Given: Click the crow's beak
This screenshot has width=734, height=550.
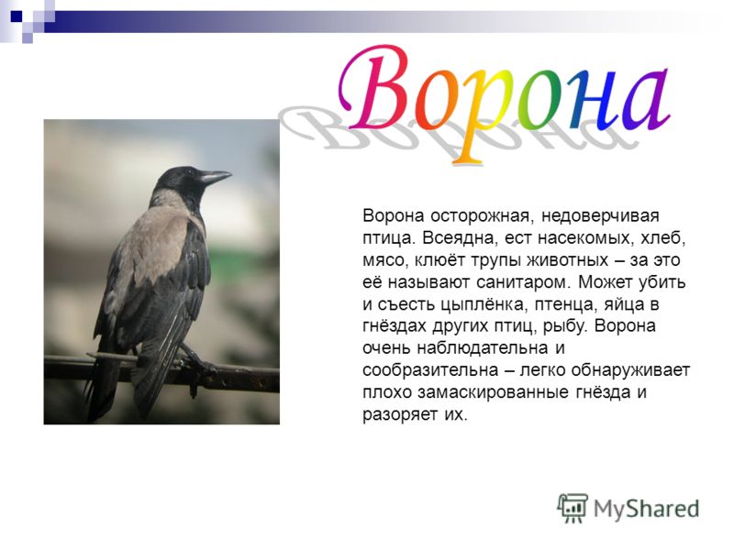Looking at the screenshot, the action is point(215,177).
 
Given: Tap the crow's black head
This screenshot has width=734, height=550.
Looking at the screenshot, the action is point(180,181).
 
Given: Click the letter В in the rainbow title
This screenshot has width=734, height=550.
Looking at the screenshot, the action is point(374,89).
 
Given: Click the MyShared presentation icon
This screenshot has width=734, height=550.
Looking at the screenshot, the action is point(572,508).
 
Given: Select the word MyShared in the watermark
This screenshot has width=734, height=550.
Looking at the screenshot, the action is point(647,509).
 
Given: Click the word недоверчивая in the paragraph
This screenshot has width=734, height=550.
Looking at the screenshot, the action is point(600,216).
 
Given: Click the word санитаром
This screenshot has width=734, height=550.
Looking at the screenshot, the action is point(523,282).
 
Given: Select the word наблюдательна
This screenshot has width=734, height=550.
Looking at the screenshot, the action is point(483,348).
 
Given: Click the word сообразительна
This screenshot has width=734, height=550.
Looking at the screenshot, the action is point(430,370).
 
